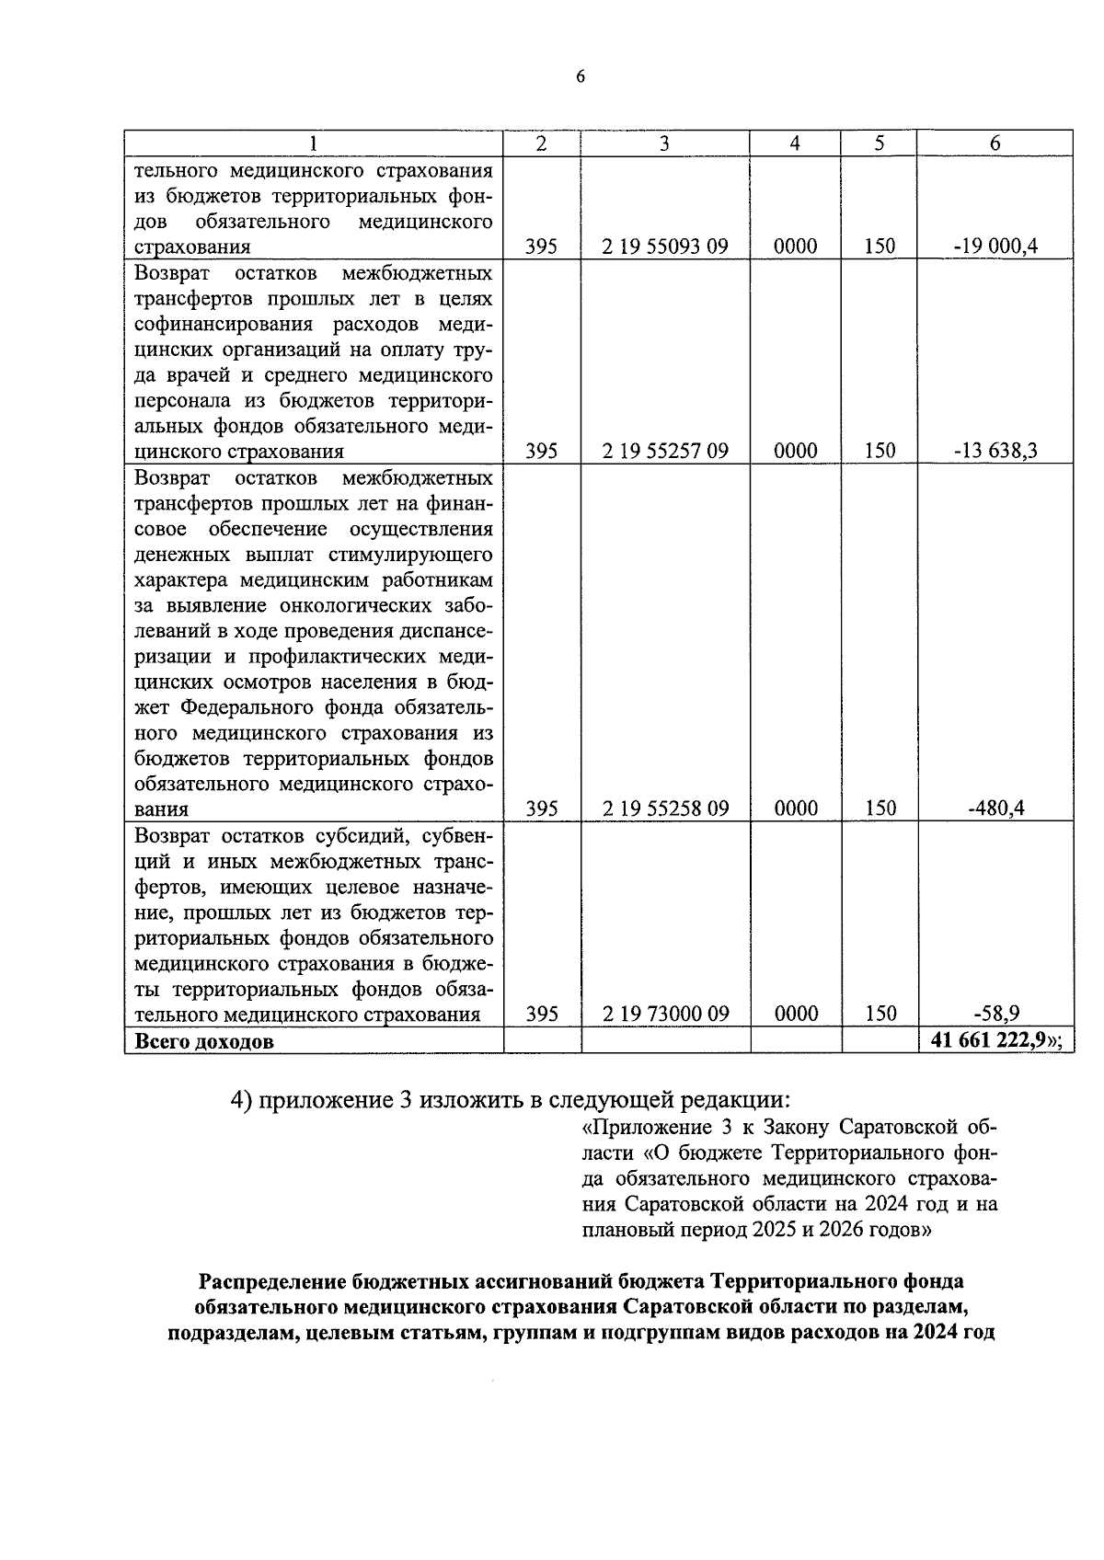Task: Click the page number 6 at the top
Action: point(580,77)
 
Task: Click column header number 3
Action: point(665,143)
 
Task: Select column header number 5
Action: point(880,143)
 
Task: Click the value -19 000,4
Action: point(995,247)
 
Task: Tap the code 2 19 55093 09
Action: point(665,247)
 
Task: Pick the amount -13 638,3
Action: point(995,451)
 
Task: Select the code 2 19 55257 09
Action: point(665,451)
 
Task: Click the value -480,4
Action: point(995,809)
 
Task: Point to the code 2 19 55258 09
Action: point(665,809)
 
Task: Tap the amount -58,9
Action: point(995,1014)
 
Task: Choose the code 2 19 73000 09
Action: point(665,1014)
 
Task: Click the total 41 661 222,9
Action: point(992,1040)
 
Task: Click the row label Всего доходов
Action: point(203,1041)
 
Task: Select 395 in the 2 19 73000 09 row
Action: point(541,1014)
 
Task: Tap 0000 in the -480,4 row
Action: point(796,809)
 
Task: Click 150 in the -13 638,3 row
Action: point(880,451)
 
